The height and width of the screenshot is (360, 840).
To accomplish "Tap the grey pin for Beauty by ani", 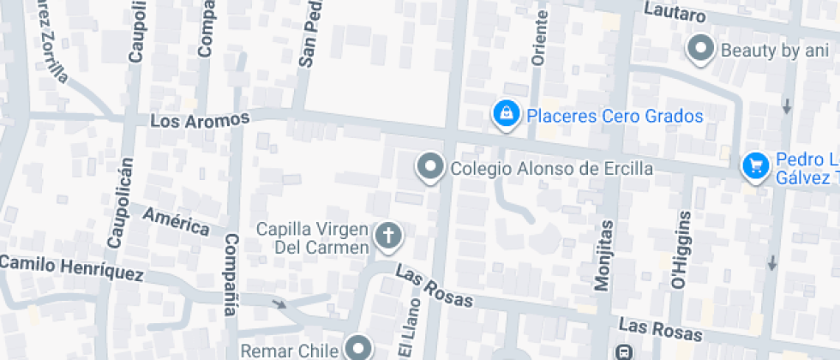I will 702,49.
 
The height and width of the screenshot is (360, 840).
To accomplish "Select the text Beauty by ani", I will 774,51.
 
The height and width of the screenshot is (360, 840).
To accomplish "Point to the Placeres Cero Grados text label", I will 615,116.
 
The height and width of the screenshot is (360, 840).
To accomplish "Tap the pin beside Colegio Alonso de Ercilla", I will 430,167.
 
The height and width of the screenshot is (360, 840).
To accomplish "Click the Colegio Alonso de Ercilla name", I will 551,168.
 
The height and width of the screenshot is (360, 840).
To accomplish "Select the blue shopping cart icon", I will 755,165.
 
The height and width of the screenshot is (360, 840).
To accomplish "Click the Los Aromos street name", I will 199,121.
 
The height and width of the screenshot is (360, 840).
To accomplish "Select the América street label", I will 176,220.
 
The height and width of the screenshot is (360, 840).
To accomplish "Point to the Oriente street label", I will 539,39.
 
